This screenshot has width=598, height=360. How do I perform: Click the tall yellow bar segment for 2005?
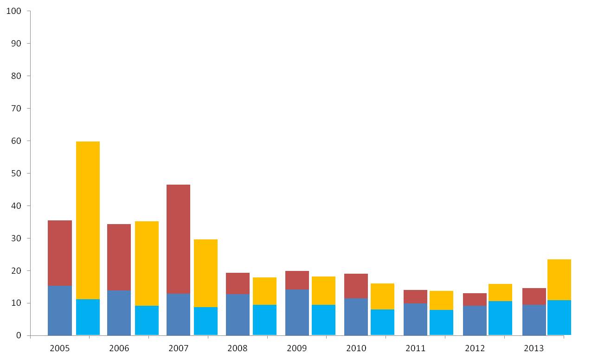[88, 220]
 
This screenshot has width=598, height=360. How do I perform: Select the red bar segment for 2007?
[178, 239]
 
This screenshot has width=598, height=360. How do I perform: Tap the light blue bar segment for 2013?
[559, 318]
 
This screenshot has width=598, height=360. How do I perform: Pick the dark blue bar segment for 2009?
[297, 313]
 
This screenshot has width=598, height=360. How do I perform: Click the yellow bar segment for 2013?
[559, 280]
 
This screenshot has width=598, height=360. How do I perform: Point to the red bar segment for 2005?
[60, 253]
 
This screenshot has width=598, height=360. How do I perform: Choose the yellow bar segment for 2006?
[147, 264]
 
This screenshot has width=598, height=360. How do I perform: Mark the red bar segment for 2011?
[415, 297]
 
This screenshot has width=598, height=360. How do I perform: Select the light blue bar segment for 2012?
[500, 318]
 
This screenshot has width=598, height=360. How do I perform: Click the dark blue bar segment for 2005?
[60, 311]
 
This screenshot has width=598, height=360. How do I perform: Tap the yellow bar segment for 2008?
[264, 291]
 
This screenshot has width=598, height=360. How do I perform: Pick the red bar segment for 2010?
[356, 286]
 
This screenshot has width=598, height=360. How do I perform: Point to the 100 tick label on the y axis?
[13, 11]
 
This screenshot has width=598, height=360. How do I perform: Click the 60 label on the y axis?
[16, 141]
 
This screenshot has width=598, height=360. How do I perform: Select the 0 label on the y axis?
[19, 335]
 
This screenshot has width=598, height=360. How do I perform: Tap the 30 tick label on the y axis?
[16, 238]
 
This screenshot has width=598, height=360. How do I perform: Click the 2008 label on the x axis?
[238, 348]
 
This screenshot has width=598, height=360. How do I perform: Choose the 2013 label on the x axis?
[534, 348]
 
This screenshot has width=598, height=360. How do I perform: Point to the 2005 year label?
[59, 348]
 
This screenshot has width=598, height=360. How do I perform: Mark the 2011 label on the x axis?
[415, 348]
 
